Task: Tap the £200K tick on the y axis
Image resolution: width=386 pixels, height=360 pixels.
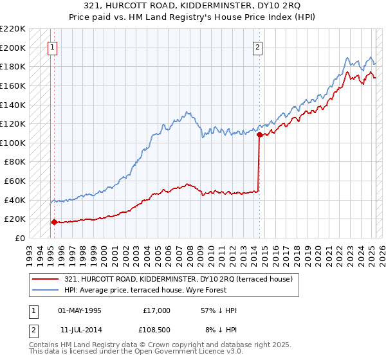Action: (14, 48)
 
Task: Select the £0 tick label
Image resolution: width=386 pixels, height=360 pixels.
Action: (21, 238)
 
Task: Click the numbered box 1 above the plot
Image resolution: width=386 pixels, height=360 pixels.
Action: (52, 46)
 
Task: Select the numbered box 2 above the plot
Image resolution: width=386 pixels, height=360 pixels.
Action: (257, 46)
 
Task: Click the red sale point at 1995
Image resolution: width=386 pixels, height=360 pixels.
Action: (54, 222)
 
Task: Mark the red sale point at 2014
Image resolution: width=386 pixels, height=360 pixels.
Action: (259, 135)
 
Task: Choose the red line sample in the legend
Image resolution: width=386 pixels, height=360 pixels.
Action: (47, 279)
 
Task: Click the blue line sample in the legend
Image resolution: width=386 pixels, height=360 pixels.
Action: (47, 289)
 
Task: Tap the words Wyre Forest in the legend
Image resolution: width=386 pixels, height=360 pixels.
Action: (187, 289)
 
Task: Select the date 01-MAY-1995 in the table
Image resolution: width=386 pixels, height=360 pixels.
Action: (80, 310)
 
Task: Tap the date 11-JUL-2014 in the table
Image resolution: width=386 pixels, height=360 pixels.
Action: (80, 330)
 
